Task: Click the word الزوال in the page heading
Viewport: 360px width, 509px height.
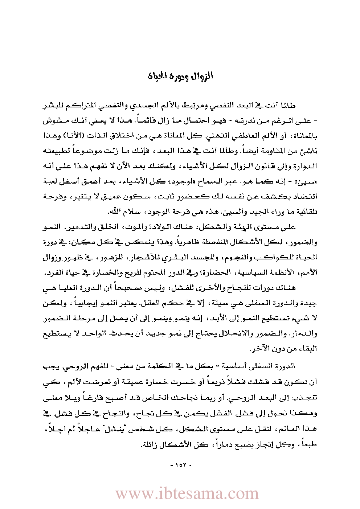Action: [x=202, y=77]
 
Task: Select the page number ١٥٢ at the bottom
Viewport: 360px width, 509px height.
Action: [x=180, y=465]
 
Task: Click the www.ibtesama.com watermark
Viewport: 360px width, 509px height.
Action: [x=187, y=493]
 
